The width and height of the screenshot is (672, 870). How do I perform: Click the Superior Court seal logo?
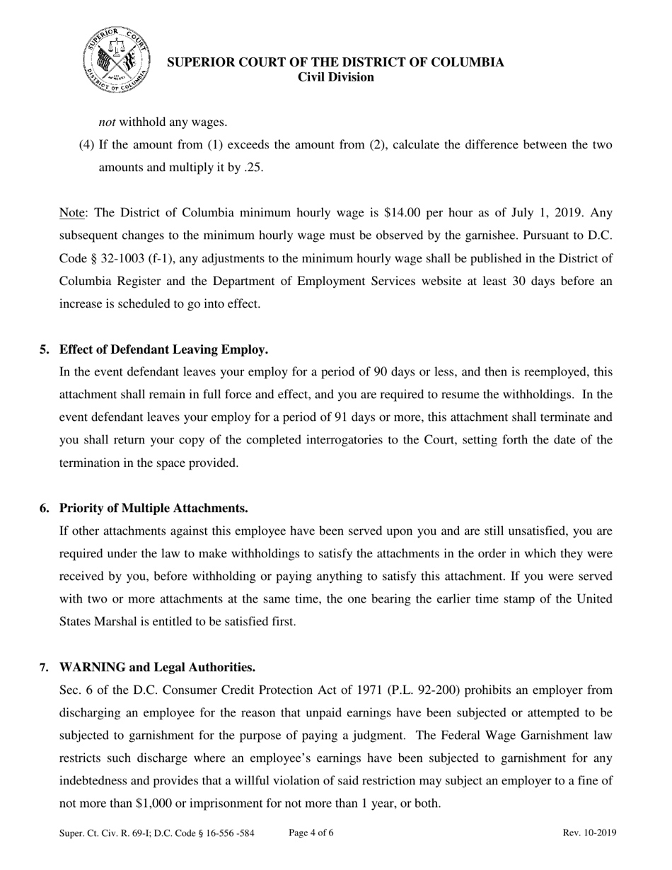point(117,59)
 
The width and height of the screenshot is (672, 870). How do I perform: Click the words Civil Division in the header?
point(335,78)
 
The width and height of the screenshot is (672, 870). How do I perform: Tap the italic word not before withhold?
point(107,122)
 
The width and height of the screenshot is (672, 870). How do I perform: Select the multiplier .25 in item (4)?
point(253,168)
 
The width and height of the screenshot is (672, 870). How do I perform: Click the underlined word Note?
point(71,213)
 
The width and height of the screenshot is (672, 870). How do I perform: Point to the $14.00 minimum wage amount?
point(401,213)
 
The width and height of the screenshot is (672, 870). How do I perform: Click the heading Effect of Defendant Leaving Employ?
point(163,349)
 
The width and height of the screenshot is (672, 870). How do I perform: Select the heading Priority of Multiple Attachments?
point(153,509)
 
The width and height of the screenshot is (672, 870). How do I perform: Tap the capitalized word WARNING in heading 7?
point(93,667)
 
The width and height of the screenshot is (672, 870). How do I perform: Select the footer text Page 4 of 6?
point(311,833)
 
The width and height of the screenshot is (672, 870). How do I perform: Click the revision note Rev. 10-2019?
point(589,833)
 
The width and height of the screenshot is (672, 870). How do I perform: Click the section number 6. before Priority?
point(45,509)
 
